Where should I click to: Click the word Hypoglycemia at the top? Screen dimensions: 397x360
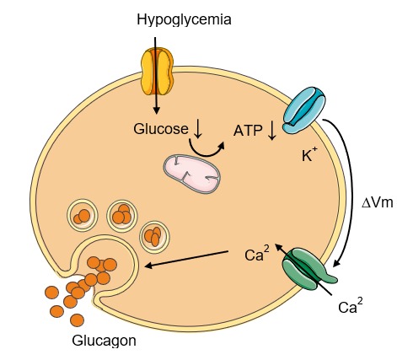[184, 20]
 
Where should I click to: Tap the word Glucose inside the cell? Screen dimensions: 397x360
[161, 129]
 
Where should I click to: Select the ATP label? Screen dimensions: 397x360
[248, 131]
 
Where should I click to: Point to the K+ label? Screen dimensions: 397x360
[309, 154]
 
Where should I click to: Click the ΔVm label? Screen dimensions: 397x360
[377, 202]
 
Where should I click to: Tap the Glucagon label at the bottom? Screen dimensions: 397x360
[104, 341]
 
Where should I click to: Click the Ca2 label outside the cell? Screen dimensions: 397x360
[350, 305]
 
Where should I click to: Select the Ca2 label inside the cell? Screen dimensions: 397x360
[257, 253]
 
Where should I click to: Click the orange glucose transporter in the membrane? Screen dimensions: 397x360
[157, 71]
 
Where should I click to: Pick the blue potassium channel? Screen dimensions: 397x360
[304, 110]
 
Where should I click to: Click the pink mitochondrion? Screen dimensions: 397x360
[192, 174]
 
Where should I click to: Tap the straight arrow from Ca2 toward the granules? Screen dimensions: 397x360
[186, 259]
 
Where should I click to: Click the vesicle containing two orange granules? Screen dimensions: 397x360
[82, 215]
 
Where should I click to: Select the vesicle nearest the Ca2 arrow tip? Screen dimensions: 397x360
[155, 237]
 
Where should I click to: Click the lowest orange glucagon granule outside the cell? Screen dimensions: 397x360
[77, 320]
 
